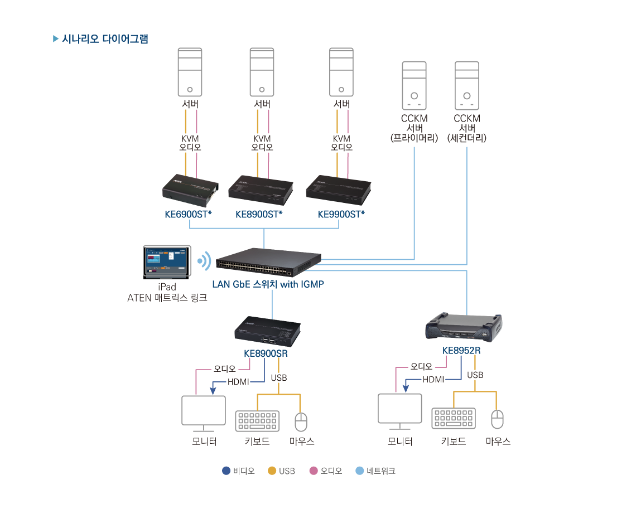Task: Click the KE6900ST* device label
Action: pos(188,214)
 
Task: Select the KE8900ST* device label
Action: pos(259,214)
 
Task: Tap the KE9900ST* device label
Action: pos(341,214)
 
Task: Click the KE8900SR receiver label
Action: pos(266,353)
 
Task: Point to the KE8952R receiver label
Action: pos(461,351)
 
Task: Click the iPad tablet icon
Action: pos(167,261)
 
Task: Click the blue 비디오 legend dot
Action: pos(226,471)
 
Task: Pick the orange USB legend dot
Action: pos(272,471)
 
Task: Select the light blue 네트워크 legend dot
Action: pos(360,471)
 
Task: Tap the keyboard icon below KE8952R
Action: pos(454,418)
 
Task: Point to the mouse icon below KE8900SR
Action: pos(301,421)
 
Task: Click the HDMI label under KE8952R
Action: pos(433,380)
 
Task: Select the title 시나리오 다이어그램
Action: pos(105,39)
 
